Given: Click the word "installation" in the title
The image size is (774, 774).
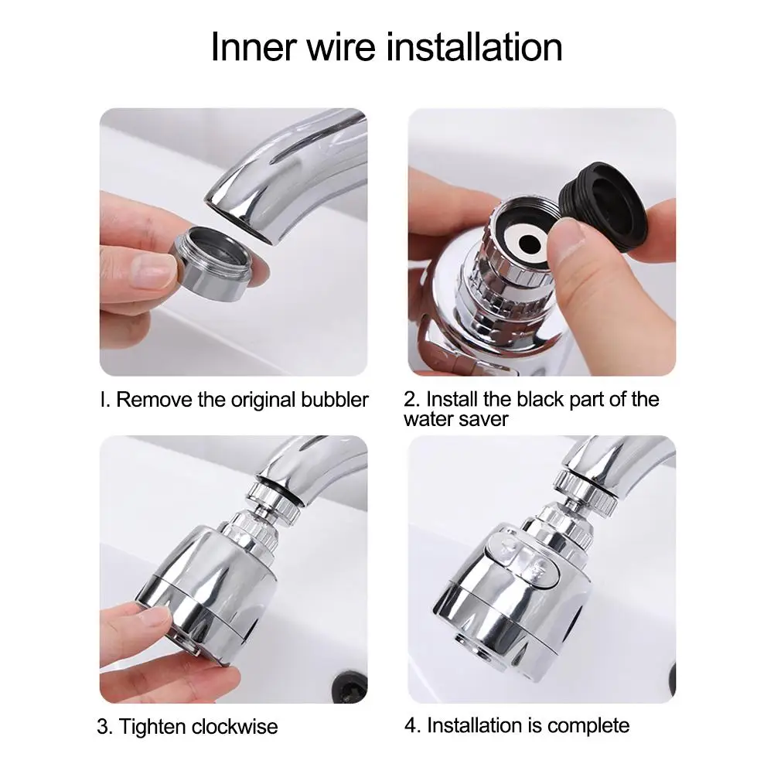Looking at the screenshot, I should pyautogui.click(x=474, y=47).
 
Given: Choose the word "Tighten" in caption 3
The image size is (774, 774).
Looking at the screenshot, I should pyautogui.click(x=152, y=727).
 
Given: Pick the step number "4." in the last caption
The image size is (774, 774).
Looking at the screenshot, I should pyautogui.click(x=413, y=725).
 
